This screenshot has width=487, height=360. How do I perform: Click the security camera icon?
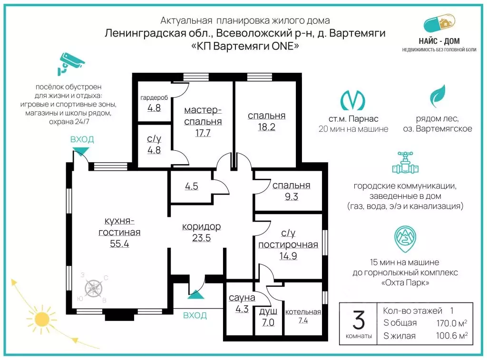(70, 64)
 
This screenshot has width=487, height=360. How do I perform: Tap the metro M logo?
(352, 100)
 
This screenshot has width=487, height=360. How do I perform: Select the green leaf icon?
(438, 96)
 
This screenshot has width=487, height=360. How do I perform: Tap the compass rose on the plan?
(94, 288)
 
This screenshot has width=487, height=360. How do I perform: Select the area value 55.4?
(119, 244)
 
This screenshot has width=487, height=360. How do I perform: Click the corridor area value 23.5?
(201, 238)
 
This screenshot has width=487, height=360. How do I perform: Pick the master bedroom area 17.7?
(203, 133)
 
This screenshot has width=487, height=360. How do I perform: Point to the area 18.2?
(266, 127)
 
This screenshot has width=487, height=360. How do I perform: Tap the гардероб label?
(154, 98)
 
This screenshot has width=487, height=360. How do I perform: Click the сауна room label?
(242, 298)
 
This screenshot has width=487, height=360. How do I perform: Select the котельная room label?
(303, 312)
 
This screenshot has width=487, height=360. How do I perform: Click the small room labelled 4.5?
(192, 186)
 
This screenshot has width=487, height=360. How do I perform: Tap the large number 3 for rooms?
(359, 320)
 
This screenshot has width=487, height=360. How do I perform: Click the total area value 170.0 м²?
(452, 323)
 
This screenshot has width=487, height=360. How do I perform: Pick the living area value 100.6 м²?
(452, 336)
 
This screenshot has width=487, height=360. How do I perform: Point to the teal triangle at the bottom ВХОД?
(196, 294)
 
